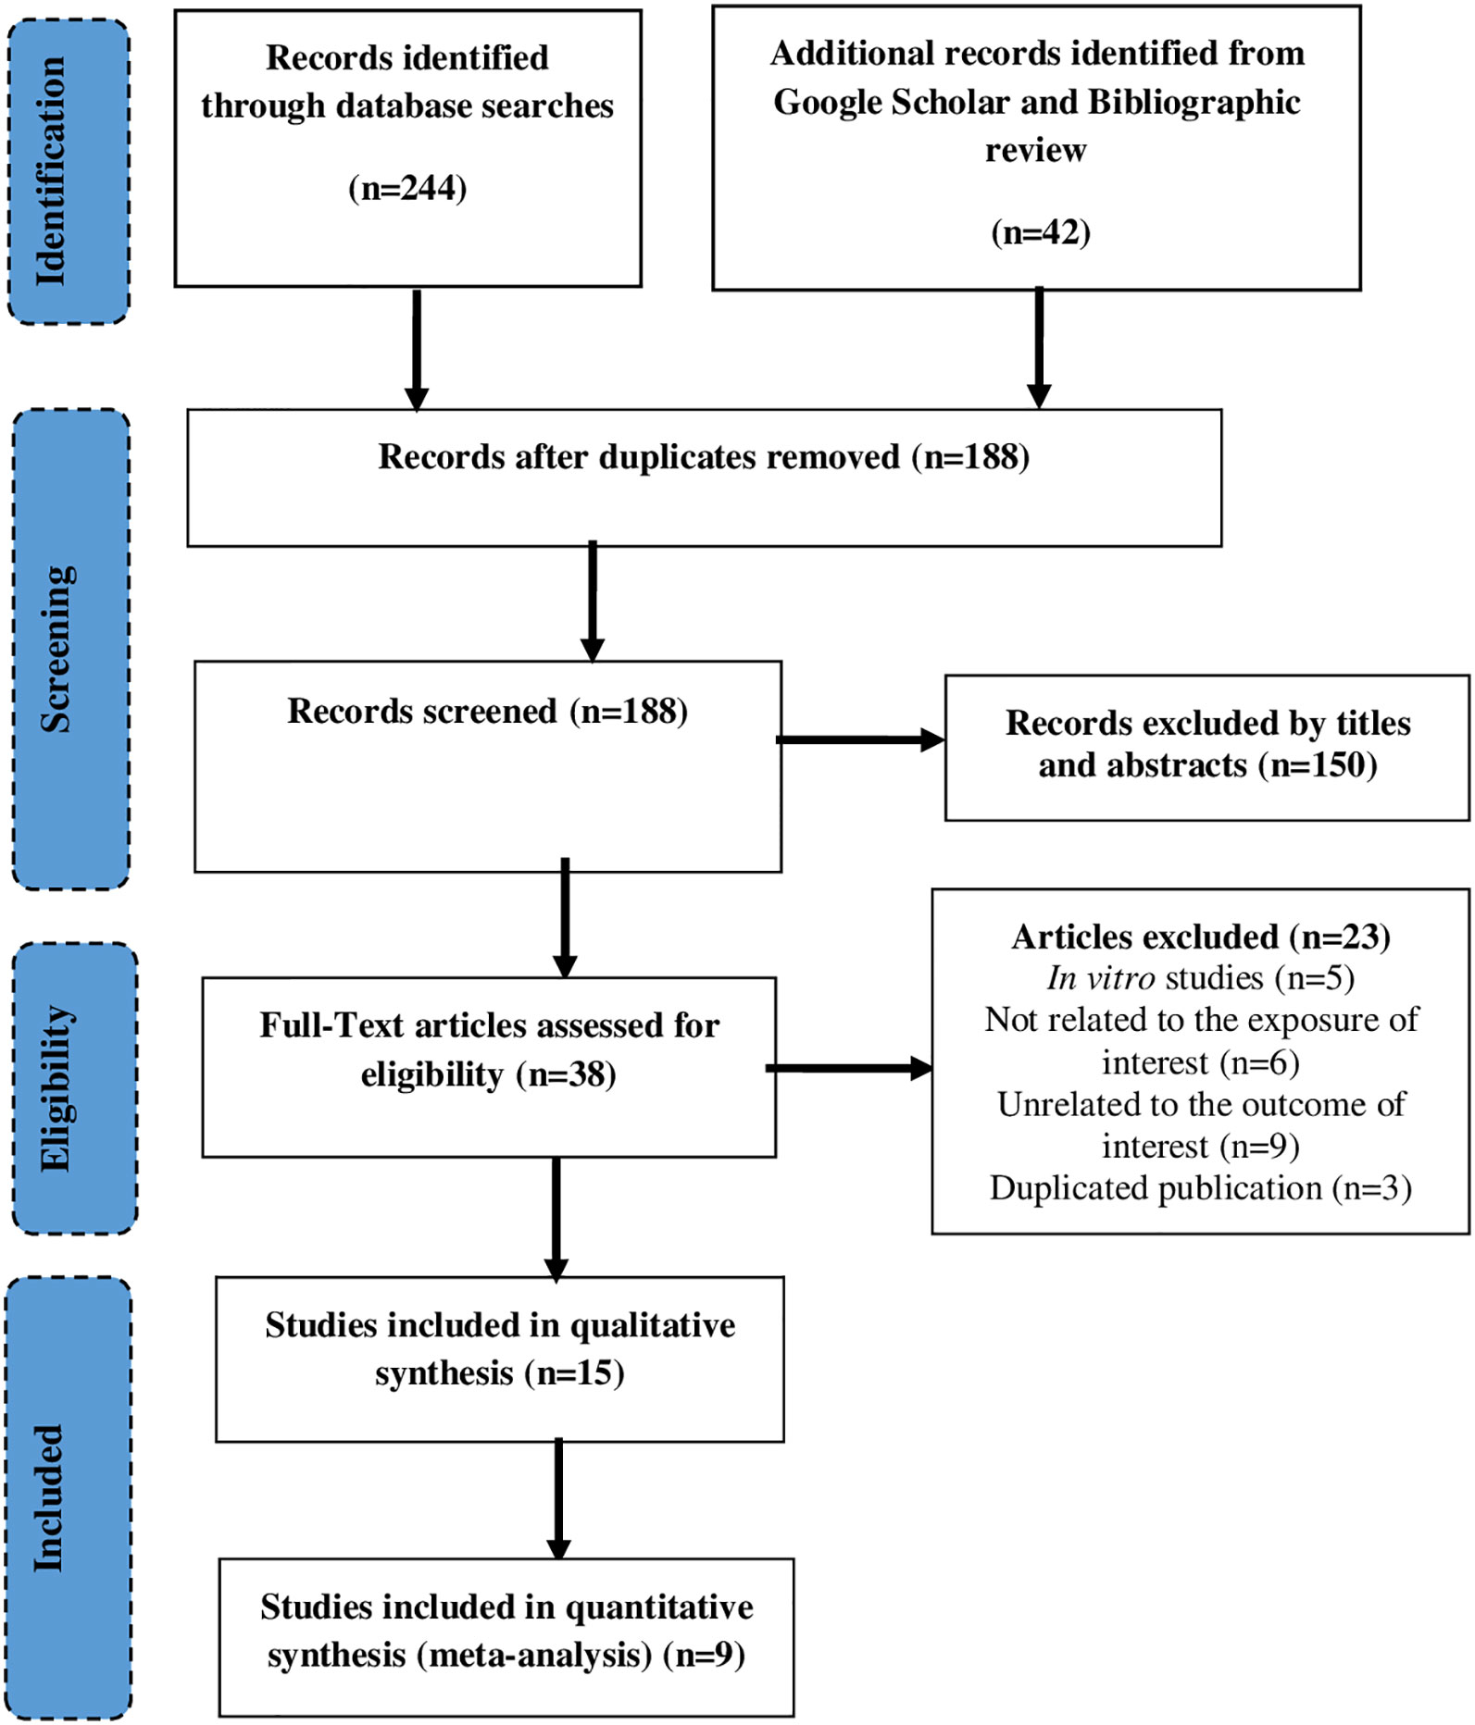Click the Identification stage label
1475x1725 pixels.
pos(51,172)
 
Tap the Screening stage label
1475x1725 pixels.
pos(56,649)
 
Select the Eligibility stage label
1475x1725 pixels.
pos(57,1088)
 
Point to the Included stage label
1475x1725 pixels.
pos(48,1498)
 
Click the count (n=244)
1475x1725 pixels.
pos(407,188)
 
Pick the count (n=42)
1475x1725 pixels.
pos(1041,231)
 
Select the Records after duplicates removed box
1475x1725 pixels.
pos(705,478)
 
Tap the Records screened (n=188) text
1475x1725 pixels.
pos(488,711)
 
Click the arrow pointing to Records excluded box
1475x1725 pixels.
pos(860,739)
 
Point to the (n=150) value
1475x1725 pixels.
pos(1318,765)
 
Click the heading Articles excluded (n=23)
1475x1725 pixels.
pos(1201,937)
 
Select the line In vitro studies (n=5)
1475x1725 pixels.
pos(1201,978)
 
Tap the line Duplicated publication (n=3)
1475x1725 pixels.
pos(1201,1188)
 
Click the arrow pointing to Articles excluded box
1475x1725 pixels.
pos(849,1069)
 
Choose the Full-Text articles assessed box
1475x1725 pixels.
pos(489,1067)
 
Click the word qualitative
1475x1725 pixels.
pos(653,1326)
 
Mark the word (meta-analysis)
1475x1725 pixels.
pos(534,1656)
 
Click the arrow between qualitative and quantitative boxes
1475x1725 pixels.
pos(558,1499)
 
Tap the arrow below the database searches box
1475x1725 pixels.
pos(417,350)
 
